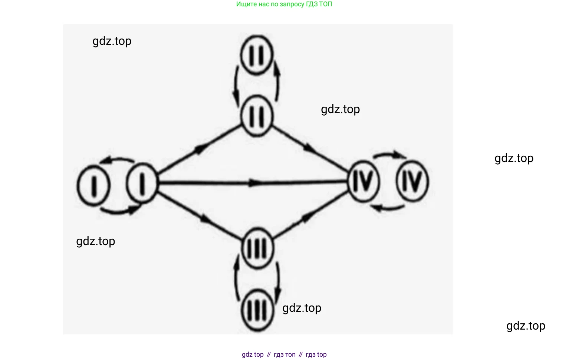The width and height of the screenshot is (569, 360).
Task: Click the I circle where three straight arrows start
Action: pos(142,184)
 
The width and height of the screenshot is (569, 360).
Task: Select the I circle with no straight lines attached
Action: pos(93,185)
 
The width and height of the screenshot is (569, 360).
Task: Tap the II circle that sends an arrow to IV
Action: pos(257,116)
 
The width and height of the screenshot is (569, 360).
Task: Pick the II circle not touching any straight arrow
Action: pos(257,55)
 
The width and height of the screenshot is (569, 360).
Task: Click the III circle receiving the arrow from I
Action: pos(257,248)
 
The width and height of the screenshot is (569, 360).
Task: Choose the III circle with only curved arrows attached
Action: pos(257,310)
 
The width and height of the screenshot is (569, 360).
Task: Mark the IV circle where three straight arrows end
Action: pos(364,182)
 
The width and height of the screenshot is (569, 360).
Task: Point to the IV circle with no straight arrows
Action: pos(412,182)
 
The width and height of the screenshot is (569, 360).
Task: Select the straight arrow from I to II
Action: pos(199,149)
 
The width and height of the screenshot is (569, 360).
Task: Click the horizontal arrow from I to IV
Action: pos(252,182)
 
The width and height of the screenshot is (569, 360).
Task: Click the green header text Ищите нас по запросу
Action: pos(284,4)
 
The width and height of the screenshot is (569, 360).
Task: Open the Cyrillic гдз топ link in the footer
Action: pos(284,354)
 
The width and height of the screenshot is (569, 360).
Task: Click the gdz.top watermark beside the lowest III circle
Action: pos(302,308)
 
